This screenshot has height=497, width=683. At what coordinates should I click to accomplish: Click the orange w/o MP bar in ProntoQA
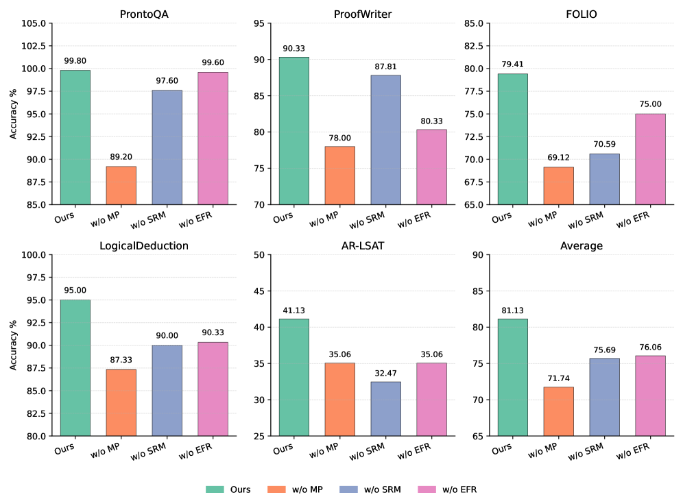point(121,185)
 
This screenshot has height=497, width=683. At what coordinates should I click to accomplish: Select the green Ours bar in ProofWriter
point(293,130)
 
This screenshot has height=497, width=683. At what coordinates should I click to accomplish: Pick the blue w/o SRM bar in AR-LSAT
point(385,409)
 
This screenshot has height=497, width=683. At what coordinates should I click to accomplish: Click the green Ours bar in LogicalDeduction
point(75,367)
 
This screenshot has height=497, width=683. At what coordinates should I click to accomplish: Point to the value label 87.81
point(385,66)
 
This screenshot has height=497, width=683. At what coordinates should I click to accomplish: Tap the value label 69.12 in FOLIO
point(558,158)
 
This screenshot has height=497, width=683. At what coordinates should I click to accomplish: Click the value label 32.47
point(385,373)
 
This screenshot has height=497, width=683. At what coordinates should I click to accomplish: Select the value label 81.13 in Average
point(512,310)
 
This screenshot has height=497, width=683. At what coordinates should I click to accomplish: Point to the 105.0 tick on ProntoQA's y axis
point(34,23)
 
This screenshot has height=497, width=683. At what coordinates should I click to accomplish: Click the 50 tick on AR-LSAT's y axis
point(260,255)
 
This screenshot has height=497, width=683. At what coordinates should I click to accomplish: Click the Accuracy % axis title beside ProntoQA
point(14,114)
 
